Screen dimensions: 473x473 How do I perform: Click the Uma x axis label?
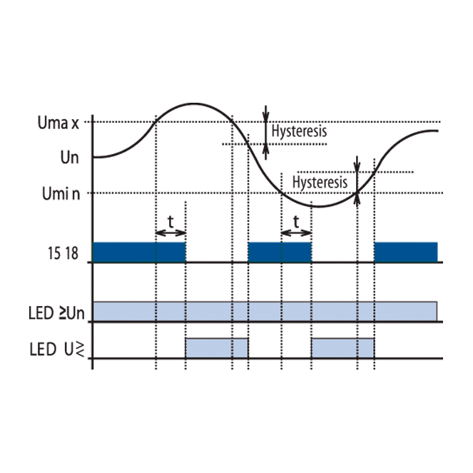coord(58,123)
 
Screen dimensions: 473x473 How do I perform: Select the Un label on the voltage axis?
coord(69,158)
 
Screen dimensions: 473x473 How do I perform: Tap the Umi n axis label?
coord(61,193)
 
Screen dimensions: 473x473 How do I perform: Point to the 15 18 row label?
coord(63,253)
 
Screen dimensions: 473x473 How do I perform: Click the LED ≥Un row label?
coord(56,313)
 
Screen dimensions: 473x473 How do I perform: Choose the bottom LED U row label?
coord(56,350)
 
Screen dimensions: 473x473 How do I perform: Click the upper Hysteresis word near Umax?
coord(299,131)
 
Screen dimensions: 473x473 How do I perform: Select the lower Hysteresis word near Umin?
coord(320,183)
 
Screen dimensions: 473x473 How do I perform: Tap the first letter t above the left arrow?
coord(171,222)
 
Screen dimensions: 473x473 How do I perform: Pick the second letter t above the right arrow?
coord(296,222)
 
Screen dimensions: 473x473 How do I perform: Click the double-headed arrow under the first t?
coord(171,233)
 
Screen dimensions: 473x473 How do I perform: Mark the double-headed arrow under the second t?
coord(296,233)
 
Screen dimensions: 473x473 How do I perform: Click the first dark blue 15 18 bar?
coord(139,252)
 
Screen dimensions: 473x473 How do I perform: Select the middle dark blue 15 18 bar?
coord(280,252)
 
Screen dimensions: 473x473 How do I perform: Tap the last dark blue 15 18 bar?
coord(406,252)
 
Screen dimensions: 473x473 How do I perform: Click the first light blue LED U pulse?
coord(217,348)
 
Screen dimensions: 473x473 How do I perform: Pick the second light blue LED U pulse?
coord(343,348)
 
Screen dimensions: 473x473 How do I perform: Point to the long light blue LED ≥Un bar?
coord(265,311)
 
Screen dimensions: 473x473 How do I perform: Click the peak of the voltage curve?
coord(193,104)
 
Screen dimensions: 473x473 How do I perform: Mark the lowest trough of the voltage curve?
coord(318,207)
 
